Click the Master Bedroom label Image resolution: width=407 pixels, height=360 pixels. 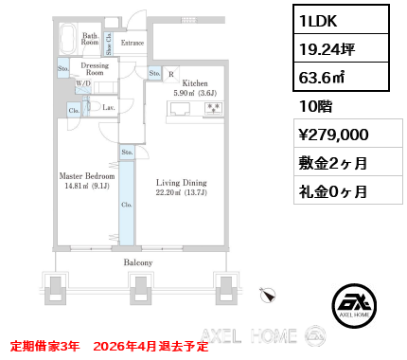pos(88,176)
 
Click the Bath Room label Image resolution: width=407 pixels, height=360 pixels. pos(90,40)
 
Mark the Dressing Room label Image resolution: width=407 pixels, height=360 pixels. pos(95,68)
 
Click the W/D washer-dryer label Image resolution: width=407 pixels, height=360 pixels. pos(84,83)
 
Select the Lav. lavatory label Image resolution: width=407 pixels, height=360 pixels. pos(109,109)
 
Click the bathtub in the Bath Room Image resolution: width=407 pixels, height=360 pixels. pos(68,41)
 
